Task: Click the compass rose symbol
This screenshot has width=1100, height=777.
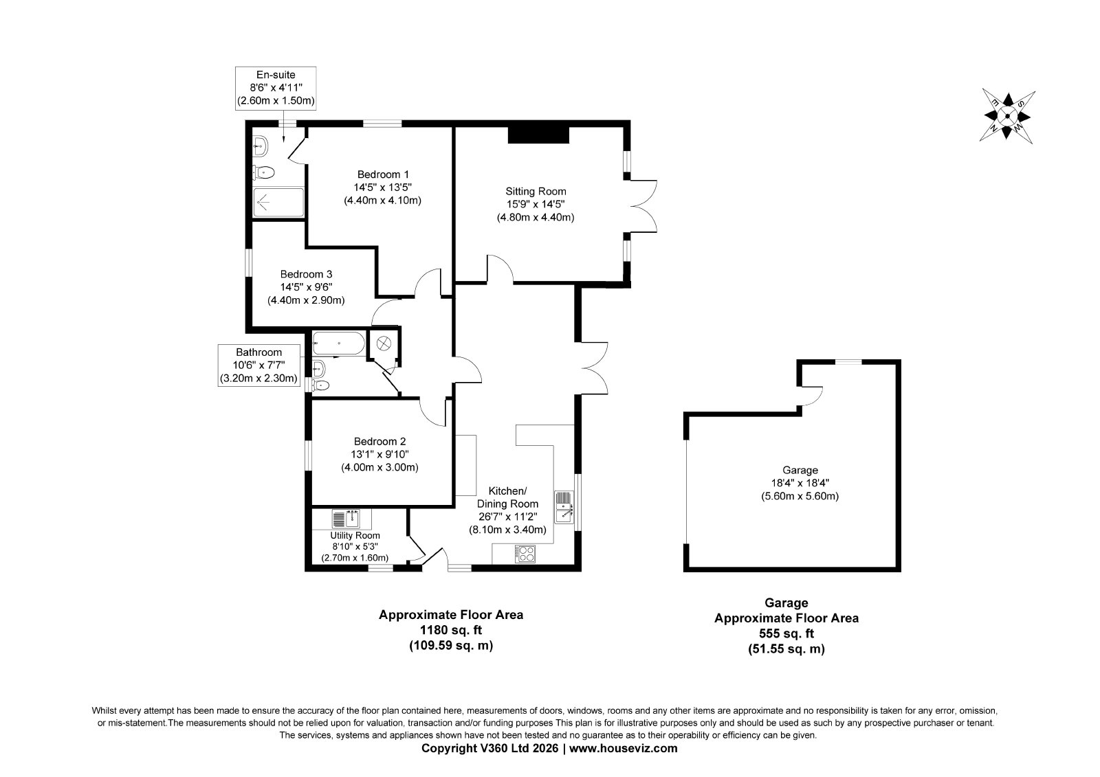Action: click(x=1006, y=116)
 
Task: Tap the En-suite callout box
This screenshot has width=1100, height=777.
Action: click(x=276, y=89)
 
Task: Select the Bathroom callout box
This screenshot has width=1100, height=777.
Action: click(x=258, y=365)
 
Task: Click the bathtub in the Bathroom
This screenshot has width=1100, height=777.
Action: click(x=339, y=343)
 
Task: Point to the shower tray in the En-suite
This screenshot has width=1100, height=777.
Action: click(x=278, y=202)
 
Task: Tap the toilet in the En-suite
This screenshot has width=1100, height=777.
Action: click(x=263, y=172)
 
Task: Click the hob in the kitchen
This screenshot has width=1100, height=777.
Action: click(x=525, y=554)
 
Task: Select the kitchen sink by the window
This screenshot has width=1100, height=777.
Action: click(x=564, y=507)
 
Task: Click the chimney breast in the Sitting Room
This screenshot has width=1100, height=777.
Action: click(x=538, y=135)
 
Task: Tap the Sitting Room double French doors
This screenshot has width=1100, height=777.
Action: click(x=642, y=206)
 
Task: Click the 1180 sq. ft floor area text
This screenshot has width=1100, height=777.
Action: click(x=450, y=630)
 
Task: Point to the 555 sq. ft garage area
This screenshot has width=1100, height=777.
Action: click(x=786, y=633)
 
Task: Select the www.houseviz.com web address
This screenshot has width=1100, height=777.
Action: click(x=623, y=748)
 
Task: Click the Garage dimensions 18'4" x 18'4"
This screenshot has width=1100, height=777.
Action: click(x=800, y=483)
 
